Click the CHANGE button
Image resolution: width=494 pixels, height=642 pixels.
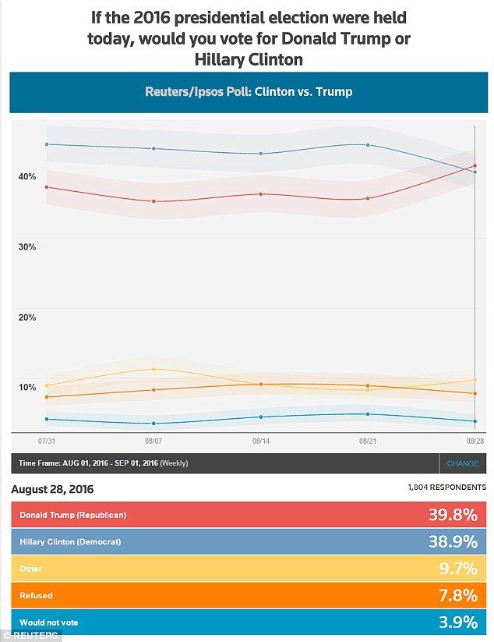463,463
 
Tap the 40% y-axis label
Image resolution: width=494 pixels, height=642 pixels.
27,176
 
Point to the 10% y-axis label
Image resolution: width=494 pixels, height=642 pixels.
27,388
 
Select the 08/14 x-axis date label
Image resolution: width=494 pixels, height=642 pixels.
261,441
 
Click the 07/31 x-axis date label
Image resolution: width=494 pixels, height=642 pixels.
46,441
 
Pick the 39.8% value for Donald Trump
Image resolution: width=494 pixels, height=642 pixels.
452,515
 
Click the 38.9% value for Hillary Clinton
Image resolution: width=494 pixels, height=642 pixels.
452,541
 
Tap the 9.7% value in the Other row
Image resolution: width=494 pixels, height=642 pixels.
456,569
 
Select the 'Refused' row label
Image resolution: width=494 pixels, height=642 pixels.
37,596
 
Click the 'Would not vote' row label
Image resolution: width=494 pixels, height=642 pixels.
49,622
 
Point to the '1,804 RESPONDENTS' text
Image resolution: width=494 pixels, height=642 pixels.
446,488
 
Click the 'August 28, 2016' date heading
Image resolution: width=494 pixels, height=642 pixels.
52,489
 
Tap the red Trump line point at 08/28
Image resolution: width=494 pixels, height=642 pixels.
475,166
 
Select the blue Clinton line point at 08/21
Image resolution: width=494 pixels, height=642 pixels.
368,145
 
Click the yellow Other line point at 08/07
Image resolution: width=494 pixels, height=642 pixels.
153,369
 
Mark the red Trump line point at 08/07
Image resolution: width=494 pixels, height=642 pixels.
153,201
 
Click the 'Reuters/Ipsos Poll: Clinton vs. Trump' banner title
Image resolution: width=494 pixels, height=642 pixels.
249,92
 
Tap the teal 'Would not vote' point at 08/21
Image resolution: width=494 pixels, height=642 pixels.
368,414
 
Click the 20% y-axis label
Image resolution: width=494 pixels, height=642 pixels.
27,317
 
